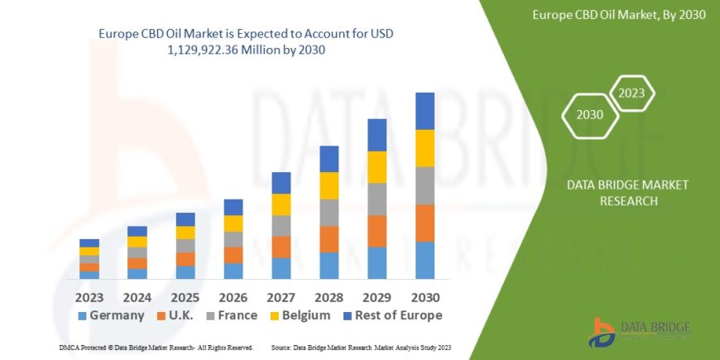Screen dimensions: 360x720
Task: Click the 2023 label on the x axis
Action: tap(89, 296)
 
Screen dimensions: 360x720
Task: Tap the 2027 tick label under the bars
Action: tap(281, 296)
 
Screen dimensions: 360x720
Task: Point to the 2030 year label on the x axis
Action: tap(425, 296)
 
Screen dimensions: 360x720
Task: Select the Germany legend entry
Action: tap(112, 315)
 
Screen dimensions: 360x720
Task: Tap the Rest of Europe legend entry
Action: tap(394, 315)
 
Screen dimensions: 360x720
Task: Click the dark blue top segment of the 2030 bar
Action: tap(425, 111)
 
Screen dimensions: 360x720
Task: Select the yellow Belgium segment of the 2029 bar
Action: tap(377, 167)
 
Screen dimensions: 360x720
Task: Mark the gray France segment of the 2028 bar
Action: tap(329, 213)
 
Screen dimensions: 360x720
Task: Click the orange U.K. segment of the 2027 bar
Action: tap(281, 247)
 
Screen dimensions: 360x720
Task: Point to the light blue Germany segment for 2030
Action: tap(425, 260)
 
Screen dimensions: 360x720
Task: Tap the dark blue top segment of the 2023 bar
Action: tap(89, 242)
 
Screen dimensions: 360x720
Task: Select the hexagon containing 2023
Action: tap(632, 93)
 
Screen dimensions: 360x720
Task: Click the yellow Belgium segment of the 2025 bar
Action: tap(185, 233)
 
